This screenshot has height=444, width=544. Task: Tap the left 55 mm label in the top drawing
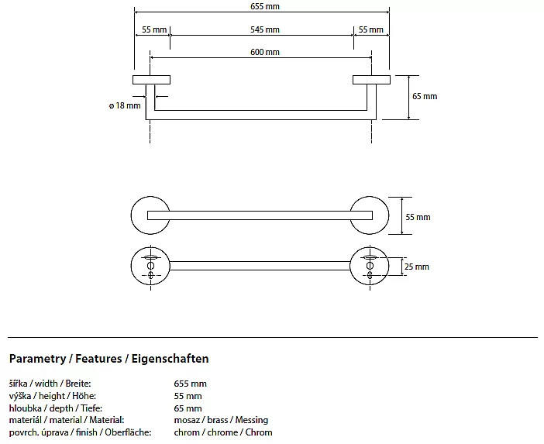pos(153,29)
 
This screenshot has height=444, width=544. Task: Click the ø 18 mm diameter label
pos(126,105)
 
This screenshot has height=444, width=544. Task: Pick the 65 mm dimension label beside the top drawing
pos(425,96)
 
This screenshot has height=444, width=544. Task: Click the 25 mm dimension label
pos(417,267)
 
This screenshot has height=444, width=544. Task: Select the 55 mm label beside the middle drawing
pos(417,217)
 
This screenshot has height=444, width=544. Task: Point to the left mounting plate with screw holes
pos(150,266)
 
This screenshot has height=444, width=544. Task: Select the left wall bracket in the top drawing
pos(152,80)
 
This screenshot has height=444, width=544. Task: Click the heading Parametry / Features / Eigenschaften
pos(109,359)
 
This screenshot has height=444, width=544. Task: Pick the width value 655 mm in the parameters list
pos(191,383)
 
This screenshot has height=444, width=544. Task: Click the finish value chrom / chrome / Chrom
pos(223,432)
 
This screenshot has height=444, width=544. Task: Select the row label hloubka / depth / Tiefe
pos(56,408)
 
